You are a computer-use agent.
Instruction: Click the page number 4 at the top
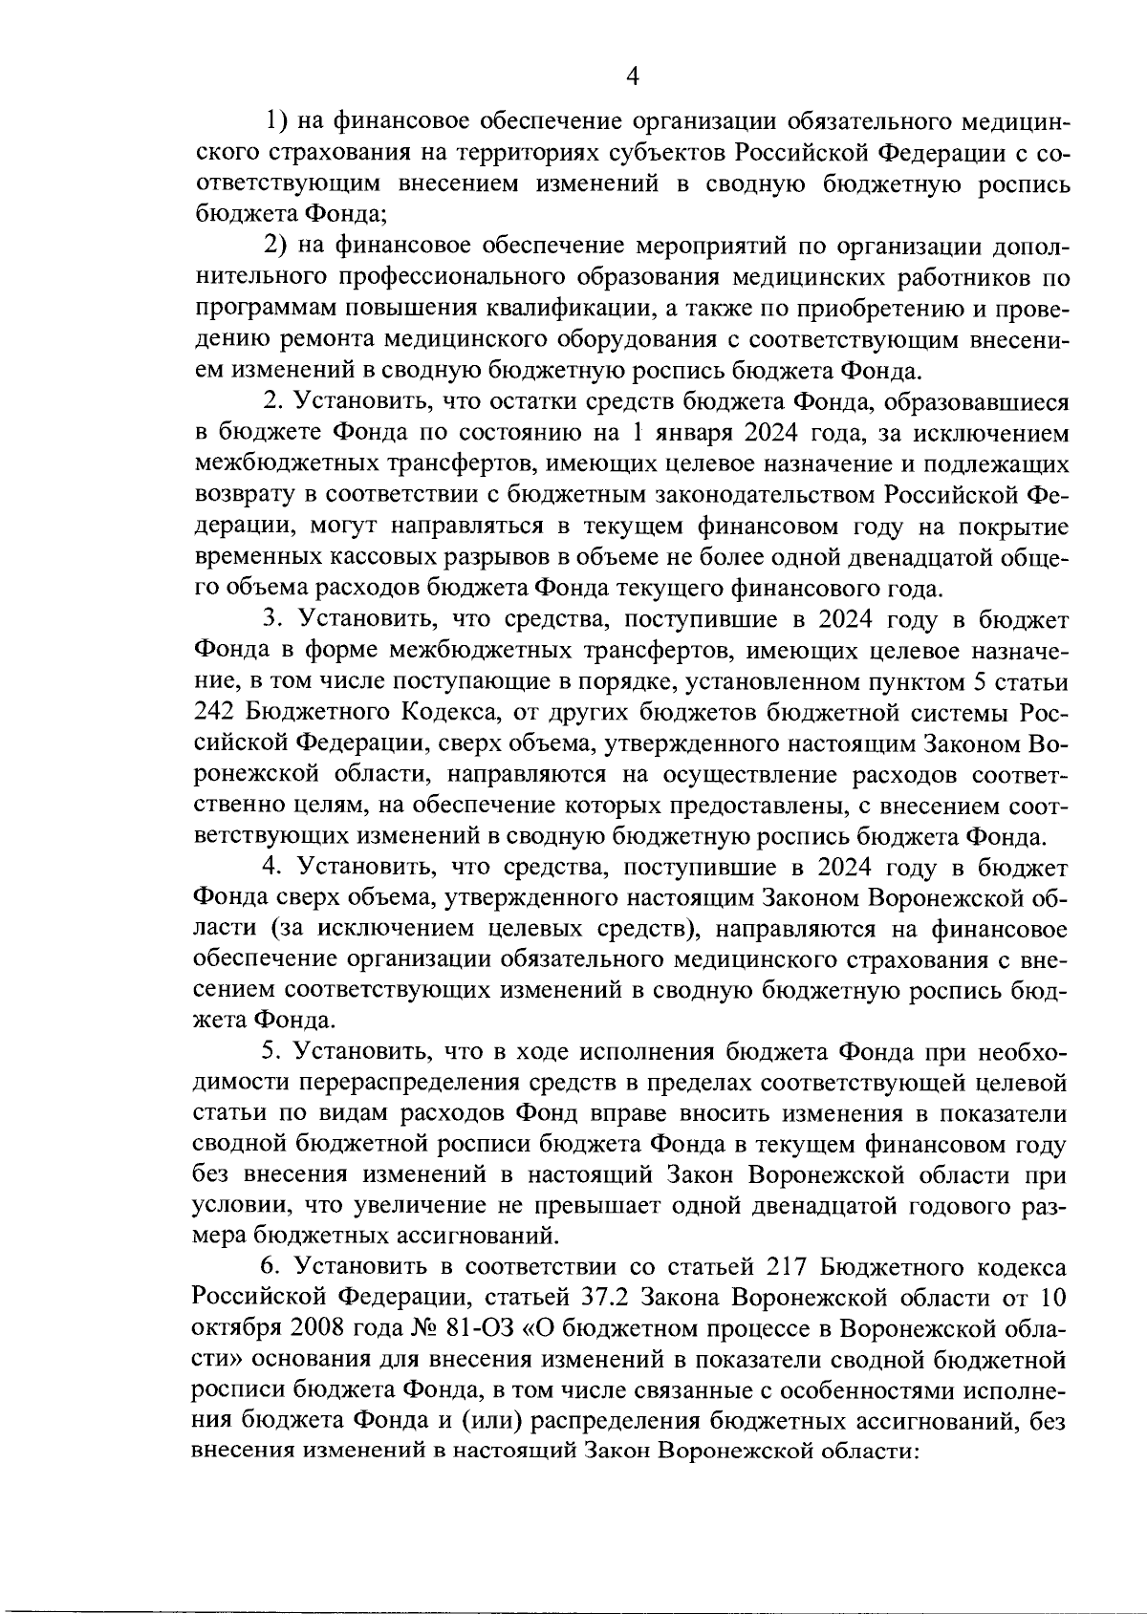630,76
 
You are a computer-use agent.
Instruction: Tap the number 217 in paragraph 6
791,1267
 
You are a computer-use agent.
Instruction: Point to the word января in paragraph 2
691,433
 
